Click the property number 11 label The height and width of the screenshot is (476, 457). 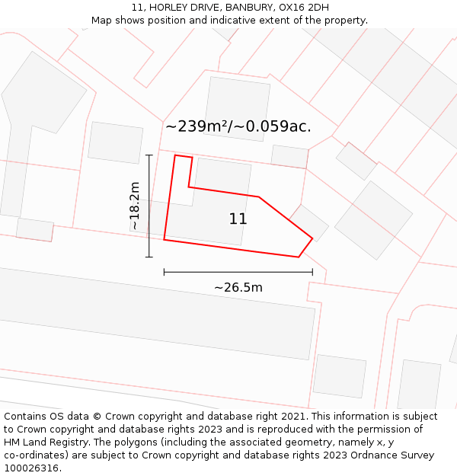(x=238, y=219)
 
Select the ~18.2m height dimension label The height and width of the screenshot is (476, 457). (x=135, y=206)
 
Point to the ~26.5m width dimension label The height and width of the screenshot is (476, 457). (x=238, y=288)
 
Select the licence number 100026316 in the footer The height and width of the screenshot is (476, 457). (x=31, y=468)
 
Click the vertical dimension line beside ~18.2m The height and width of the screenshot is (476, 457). (x=149, y=206)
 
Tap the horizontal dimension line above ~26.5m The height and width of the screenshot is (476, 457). (x=238, y=272)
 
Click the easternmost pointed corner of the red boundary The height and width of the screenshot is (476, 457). (x=312, y=238)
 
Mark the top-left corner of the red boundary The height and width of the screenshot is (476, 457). (x=175, y=155)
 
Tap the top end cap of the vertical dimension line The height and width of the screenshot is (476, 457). (x=149, y=155)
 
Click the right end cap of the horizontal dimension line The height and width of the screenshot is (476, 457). (x=312, y=272)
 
